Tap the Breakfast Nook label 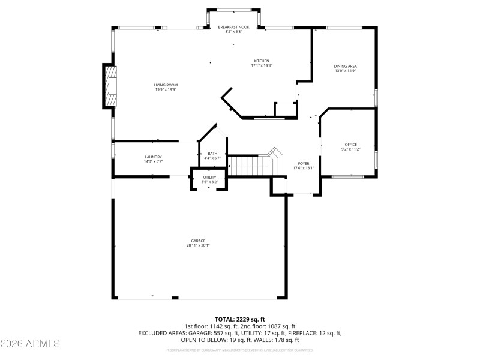(233, 27)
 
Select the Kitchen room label (261, 61)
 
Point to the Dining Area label (346, 66)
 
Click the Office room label (350, 145)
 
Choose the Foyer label (303, 164)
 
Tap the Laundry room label (152, 157)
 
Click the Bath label (212, 154)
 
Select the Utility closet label (209, 178)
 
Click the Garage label (198, 241)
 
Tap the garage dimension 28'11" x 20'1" (198, 245)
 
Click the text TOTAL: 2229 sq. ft (240, 319)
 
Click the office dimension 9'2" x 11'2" (350, 149)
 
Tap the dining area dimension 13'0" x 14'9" (346, 71)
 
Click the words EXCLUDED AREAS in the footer (161, 332)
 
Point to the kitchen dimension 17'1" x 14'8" (261, 65)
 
